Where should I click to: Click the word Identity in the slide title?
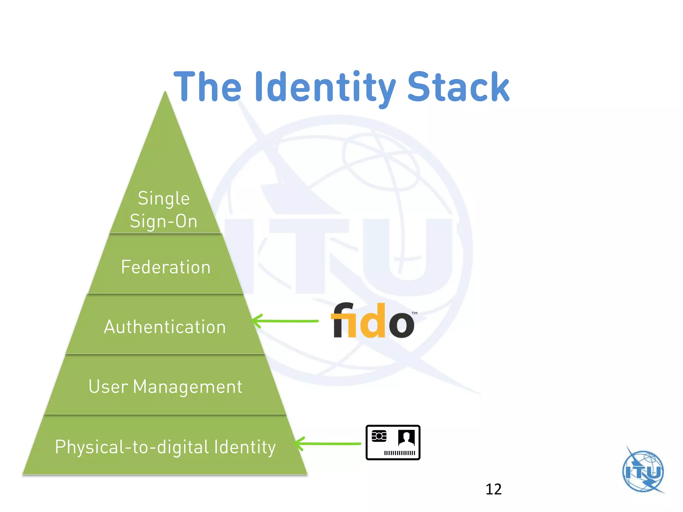click(x=325, y=87)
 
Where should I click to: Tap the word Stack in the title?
click(x=459, y=87)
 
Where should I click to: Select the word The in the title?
click(x=207, y=87)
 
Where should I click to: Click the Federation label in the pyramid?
click(x=166, y=267)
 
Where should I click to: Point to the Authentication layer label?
click(x=165, y=327)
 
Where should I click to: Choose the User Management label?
click(x=165, y=387)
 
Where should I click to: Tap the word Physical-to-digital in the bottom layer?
click(x=132, y=447)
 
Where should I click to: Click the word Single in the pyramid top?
click(x=164, y=199)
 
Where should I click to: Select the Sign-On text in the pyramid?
click(x=163, y=221)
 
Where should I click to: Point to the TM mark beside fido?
click(x=414, y=313)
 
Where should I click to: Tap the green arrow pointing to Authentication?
click(x=285, y=321)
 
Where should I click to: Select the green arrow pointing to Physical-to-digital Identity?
click(x=328, y=444)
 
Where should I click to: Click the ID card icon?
click(x=393, y=443)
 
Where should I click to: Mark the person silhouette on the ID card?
click(x=406, y=437)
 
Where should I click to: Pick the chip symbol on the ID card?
click(x=379, y=436)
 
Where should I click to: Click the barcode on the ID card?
click(x=400, y=453)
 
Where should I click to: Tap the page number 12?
click(x=493, y=489)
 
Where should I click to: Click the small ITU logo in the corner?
click(x=643, y=471)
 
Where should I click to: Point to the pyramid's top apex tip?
click(x=165, y=93)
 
